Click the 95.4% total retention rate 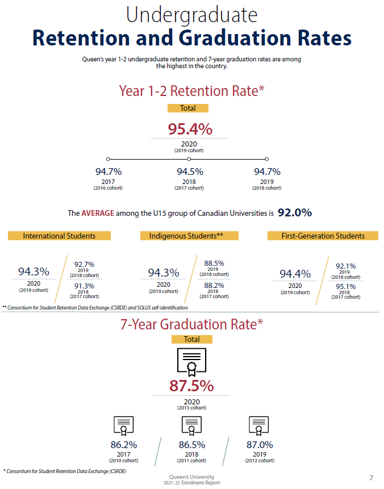coord(190,129)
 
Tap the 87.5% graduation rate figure coord(191,386)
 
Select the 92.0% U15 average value coord(295,213)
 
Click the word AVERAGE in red coord(98,214)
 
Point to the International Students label coord(59,236)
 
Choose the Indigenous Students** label coord(189,236)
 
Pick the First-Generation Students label coord(323,236)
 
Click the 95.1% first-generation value coord(345,286)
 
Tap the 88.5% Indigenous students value coord(214,264)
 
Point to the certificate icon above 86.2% coord(123,425)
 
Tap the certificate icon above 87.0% coord(259,425)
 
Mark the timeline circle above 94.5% coord(189,159)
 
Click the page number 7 coord(372,477)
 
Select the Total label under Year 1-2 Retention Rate coord(187,108)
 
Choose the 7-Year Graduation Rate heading coord(191,324)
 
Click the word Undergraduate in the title coord(191,15)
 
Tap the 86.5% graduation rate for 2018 coord(191,445)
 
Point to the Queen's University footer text coord(191,477)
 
